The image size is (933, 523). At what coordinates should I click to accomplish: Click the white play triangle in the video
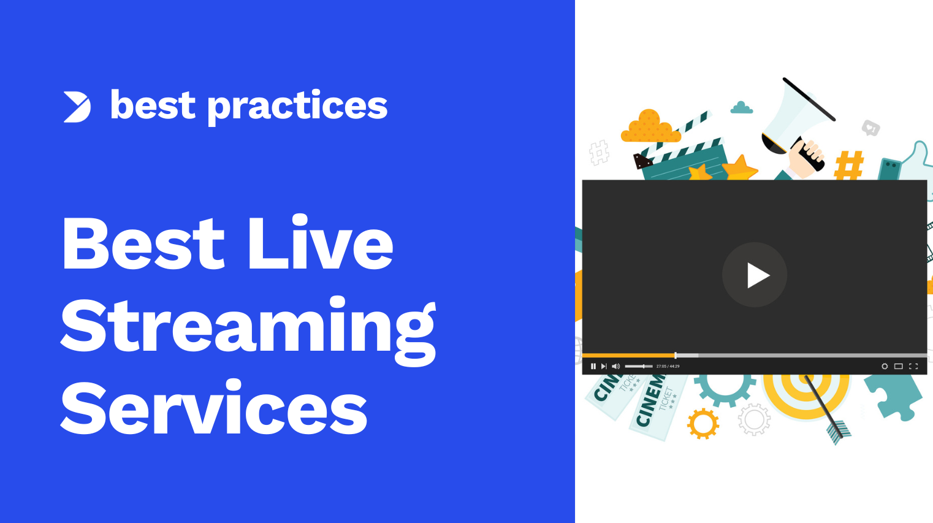(757, 275)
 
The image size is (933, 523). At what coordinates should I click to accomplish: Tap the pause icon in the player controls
(593, 366)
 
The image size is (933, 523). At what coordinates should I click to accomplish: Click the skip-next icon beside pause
(604, 366)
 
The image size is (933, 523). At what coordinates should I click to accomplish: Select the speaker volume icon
(615, 366)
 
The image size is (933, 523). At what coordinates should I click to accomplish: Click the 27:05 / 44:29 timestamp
(668, 366)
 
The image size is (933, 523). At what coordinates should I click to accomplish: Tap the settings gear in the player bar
(885, 366)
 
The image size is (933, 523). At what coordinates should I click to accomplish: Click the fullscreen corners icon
(913, 366)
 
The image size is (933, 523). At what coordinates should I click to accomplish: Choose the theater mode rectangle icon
(899, 366)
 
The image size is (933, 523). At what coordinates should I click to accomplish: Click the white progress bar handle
(676, 356)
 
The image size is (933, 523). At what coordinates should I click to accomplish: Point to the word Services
(214, 407)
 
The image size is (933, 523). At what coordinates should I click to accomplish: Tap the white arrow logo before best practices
(77, 107)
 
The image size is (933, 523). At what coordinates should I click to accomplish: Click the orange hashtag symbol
(850, 165)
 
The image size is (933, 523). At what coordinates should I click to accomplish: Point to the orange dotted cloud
(650, 127)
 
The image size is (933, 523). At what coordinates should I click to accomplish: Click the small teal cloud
(742, 109)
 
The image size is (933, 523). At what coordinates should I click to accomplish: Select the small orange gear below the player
(703, 424)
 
